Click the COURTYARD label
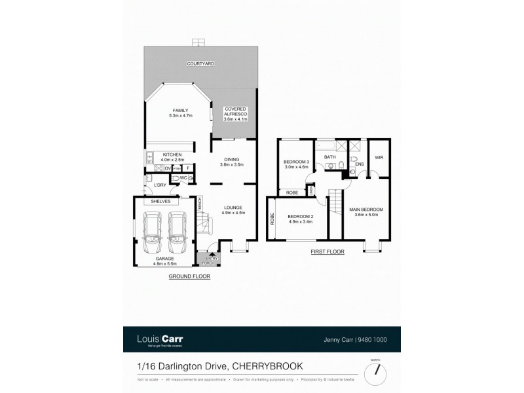(x=200, y=64)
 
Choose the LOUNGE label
(x=233, y=210)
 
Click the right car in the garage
(x=178, y=232)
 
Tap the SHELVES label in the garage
(x=160, y=202)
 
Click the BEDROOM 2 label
(x=301, y=218)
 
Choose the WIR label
(x=379, y=157)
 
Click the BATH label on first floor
(x=329, y=157)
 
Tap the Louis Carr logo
(x=160, y=340)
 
